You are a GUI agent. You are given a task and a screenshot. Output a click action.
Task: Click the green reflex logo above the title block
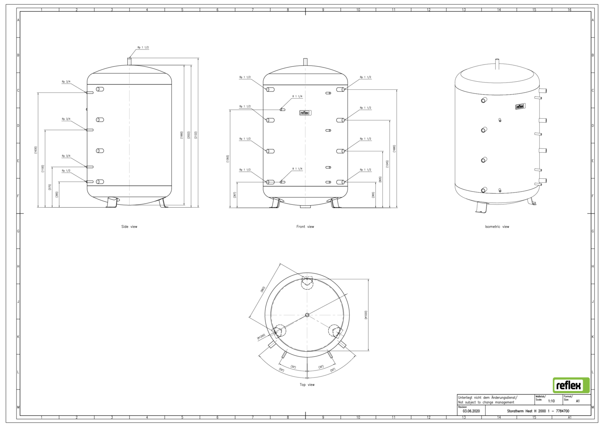571,385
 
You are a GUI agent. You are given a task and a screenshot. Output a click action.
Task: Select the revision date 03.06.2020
471,411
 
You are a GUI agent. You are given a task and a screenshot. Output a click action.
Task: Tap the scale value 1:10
551,401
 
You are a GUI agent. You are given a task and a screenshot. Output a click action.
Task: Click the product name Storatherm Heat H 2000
538,411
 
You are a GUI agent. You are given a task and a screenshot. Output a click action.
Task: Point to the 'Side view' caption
129,227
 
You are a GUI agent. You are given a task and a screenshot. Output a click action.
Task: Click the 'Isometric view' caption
497,227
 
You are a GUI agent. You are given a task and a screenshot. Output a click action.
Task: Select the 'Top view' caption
307,385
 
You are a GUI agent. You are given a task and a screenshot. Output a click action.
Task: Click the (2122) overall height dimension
196,135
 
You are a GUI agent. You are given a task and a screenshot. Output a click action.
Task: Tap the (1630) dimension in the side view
35,150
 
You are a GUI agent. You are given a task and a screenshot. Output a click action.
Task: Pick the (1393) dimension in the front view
228,159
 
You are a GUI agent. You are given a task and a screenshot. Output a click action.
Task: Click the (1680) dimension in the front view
394,149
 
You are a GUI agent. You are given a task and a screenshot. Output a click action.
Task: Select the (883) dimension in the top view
262,289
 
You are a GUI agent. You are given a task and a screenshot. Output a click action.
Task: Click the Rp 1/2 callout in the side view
66,171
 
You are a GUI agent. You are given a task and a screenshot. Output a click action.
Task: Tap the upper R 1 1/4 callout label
297,97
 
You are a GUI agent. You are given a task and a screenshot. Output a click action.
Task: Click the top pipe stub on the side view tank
129,61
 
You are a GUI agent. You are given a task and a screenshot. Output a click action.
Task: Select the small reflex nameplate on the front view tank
305,113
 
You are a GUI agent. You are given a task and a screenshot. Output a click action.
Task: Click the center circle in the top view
307,315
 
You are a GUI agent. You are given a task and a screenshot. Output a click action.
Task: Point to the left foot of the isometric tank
482,207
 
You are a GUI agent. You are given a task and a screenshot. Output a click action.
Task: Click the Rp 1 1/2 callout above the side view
143,47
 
